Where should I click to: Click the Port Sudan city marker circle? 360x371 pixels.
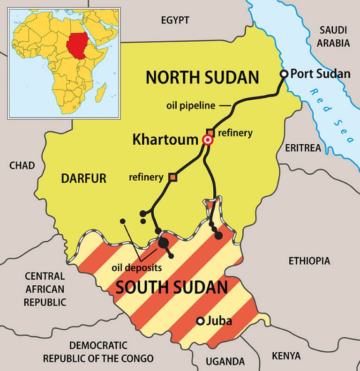tap(284, 74)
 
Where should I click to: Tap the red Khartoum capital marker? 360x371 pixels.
tap(207, 140)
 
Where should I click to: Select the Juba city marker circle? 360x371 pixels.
tap(200, 321)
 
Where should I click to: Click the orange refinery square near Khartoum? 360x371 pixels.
tap(210, 132)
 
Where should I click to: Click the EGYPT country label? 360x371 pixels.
tap(175, 20)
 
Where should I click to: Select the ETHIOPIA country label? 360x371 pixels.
tap(309, 261)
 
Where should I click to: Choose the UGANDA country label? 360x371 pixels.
tap(225, 361)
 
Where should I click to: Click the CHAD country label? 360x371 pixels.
tap(22, 165)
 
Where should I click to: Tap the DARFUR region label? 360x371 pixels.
tap(84, 178)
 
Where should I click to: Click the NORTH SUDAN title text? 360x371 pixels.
tap(202, 77)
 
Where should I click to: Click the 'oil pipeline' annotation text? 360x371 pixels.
tap(190, 105)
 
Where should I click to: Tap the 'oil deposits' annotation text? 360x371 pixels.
tap(137, 268)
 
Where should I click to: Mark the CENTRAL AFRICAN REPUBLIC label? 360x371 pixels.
tap(45, 289)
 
